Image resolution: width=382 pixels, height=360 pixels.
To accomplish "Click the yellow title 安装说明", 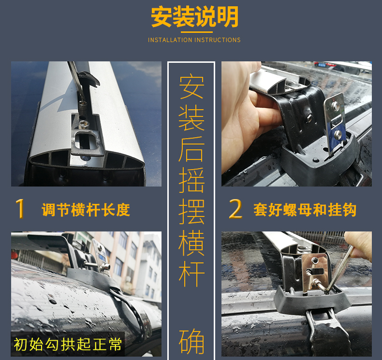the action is tap(194, 16).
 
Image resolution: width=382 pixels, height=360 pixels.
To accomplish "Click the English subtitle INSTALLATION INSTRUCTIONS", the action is tap(194, 40).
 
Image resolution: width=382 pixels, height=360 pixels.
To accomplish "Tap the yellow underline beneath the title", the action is tap(197, 32).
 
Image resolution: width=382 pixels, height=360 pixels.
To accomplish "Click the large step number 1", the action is tap(20, 209).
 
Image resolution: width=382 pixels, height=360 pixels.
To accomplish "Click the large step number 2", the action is tap(235, 209).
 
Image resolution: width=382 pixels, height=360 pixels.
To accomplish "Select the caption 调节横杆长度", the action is tap(86, 210).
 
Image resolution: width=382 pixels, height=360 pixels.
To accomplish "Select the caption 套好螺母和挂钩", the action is tap(305, 210).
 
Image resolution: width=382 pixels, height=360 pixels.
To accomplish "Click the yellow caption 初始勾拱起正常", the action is tap(68, 344).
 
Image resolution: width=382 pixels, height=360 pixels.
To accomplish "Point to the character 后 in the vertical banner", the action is tap(191, 149).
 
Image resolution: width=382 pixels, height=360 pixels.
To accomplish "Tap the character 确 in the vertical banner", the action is tap(191, 341).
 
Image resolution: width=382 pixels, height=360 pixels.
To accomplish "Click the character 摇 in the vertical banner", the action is tap(191, 180).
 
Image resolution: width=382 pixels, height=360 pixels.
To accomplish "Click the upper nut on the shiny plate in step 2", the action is tap(336, 106).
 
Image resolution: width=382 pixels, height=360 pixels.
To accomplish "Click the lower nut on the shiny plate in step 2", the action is tap(338, 134).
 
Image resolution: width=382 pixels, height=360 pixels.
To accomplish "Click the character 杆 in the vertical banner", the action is tap(191, 274).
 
